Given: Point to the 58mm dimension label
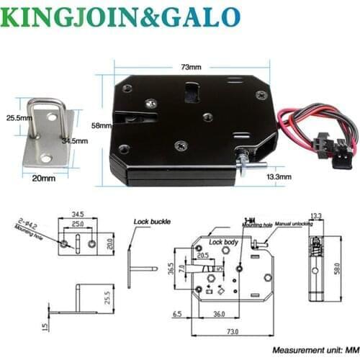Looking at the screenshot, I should click(x=99, y=126).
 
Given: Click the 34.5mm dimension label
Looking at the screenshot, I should click(x=75, y=141).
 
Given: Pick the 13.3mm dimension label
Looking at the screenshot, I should click(x=279, y=175).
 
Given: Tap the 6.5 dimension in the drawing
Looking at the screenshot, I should click(x=177, y=314).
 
